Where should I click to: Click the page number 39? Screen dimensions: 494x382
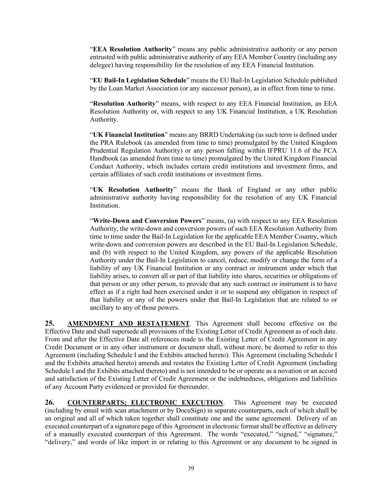coord(191,468)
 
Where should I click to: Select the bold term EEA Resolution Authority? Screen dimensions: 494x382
coord(133,49)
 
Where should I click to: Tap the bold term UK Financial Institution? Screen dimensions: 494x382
coord(129,135)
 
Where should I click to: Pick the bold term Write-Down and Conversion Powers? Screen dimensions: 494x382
coord(147,221)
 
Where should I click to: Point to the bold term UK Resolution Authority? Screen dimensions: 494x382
coord(133,190)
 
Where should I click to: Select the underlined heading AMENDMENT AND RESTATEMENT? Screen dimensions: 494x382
coord(129,324)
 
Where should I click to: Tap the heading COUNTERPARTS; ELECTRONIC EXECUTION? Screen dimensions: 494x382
coord(145,403)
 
